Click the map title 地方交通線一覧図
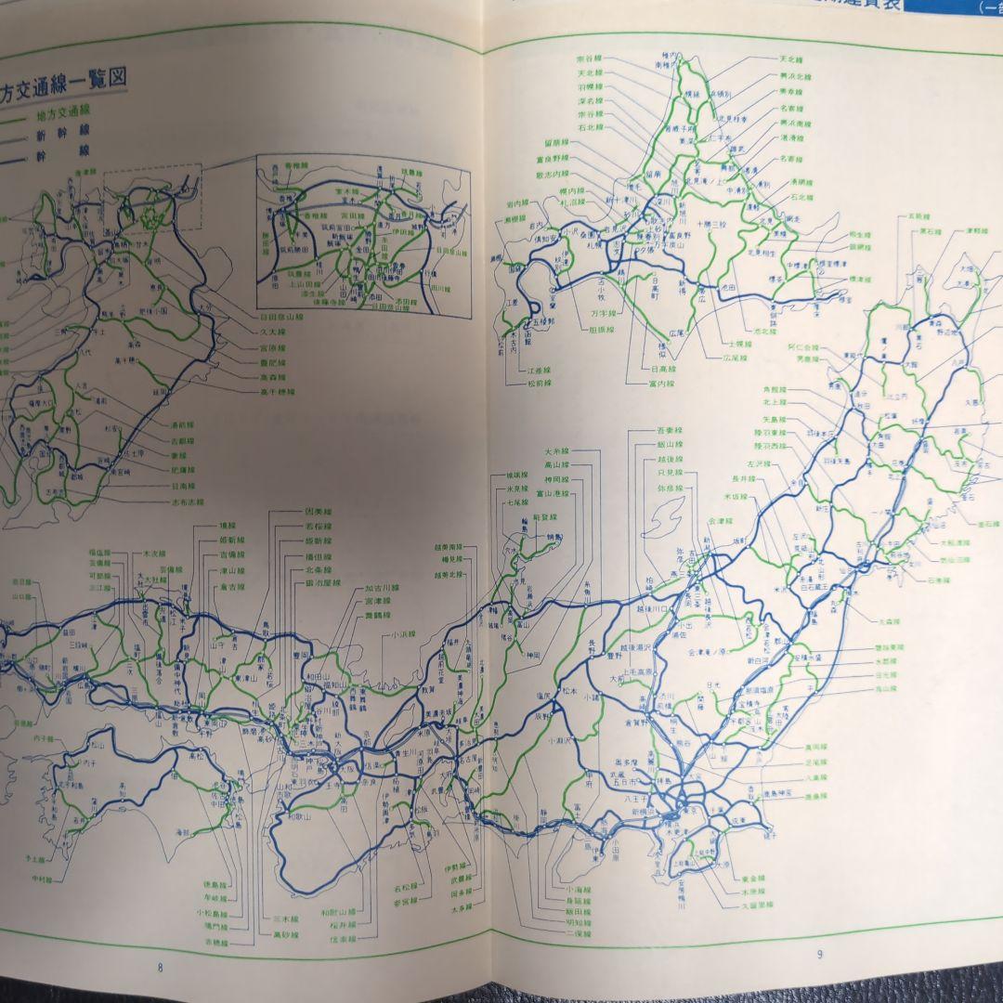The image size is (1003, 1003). click(65, 79)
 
